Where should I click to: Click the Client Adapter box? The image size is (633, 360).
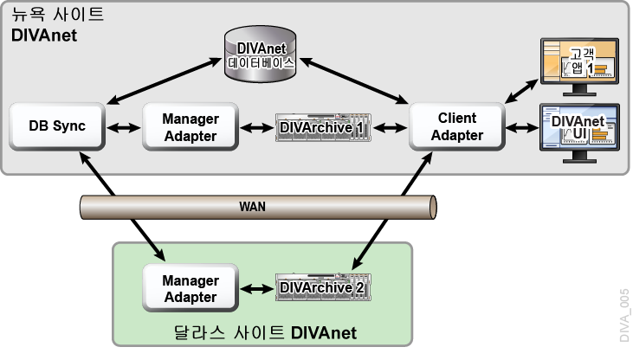tap(456, 127)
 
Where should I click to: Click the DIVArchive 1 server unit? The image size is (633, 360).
tap(321, 128)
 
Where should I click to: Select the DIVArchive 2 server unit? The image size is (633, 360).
tap(321, 288)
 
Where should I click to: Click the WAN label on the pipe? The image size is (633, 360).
tap(252, 207)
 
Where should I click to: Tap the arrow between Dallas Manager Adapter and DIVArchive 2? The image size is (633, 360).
tap(256, 288)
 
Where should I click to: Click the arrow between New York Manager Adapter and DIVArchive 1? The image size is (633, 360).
tap(256, 128)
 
